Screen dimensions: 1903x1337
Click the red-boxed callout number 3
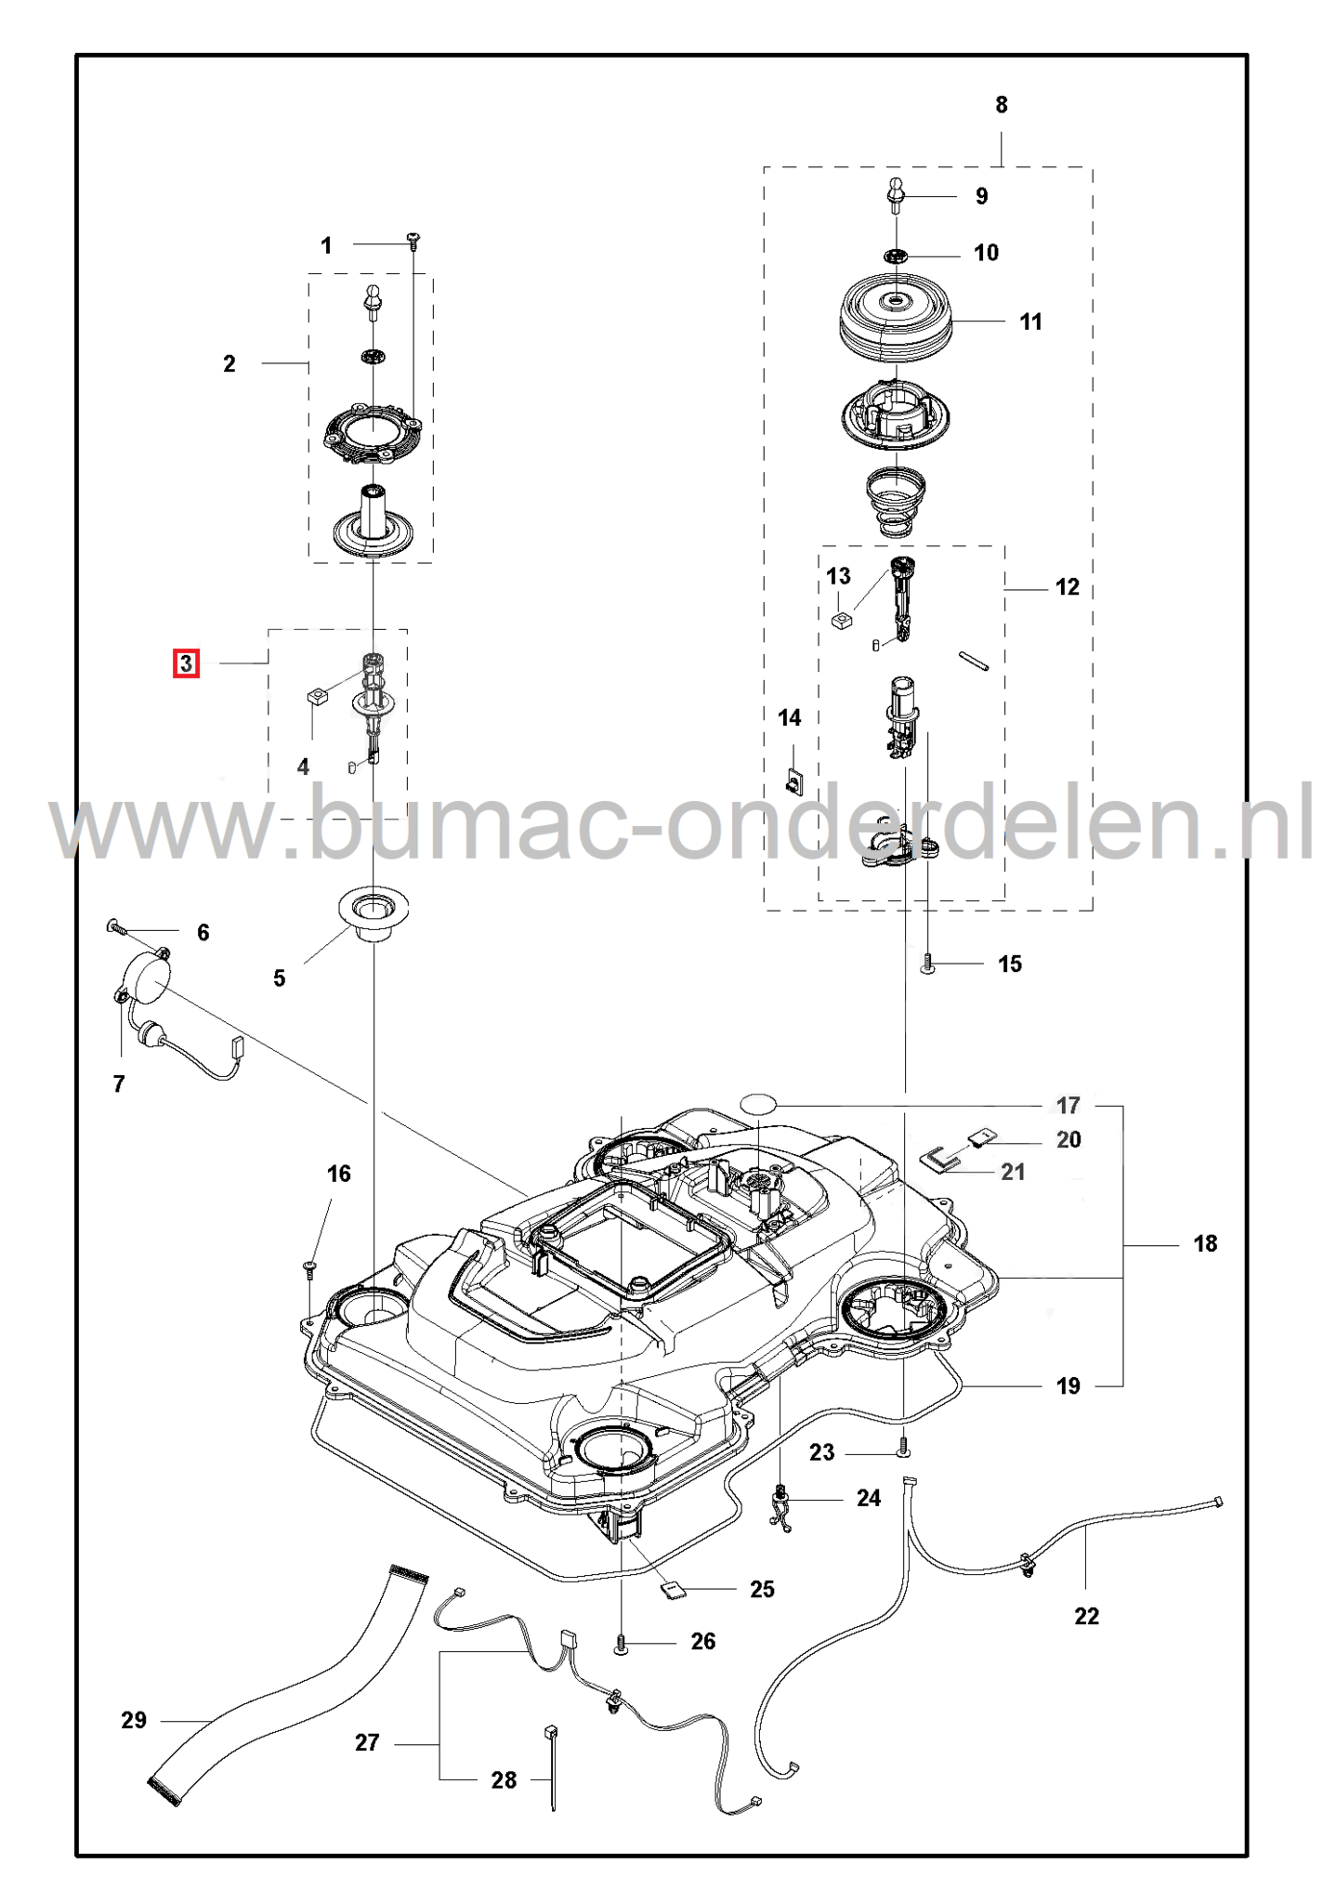186,663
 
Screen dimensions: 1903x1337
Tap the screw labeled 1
413,242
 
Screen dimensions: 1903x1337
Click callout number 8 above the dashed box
1001,105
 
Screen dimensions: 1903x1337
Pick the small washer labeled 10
896,255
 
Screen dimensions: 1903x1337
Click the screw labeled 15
926,964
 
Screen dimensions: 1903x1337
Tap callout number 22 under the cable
1086,1616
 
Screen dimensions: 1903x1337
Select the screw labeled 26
621,1644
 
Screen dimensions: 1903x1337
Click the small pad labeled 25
673,1590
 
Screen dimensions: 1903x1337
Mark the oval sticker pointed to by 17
757,1103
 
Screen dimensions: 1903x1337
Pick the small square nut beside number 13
841,621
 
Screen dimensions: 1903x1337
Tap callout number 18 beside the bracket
1204,1243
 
